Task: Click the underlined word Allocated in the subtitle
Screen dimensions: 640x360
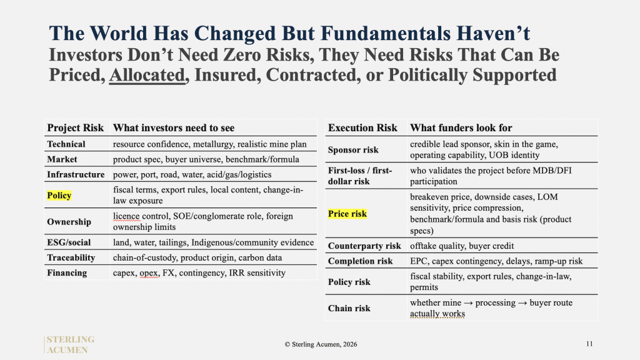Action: [147, 75]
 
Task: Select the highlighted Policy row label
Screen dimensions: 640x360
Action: [59, 195]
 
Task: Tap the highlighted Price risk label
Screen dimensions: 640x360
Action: [347, 214]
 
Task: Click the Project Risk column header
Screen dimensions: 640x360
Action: [76, 127]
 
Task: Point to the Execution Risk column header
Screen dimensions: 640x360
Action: [362, 127]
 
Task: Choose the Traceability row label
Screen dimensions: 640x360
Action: [71, 257]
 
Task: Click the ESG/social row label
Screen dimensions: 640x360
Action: [69, 242]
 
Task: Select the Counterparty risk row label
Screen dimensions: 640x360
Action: [364, 246]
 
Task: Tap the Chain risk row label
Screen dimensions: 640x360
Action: [349, 308]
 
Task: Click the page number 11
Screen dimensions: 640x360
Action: [589, 344]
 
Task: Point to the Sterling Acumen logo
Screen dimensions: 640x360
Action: [70, 344]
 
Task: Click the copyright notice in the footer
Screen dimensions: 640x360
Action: [321, 344]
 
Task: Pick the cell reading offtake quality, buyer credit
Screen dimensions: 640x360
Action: [462, 246]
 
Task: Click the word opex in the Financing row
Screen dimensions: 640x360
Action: [149, 273]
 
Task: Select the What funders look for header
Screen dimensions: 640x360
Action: [461, 127]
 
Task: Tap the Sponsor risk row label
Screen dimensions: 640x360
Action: [353, 150]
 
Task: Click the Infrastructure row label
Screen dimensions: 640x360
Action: [76, 175]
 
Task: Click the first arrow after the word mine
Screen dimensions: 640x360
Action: [468, 303]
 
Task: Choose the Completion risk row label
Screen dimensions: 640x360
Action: [360, 261]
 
